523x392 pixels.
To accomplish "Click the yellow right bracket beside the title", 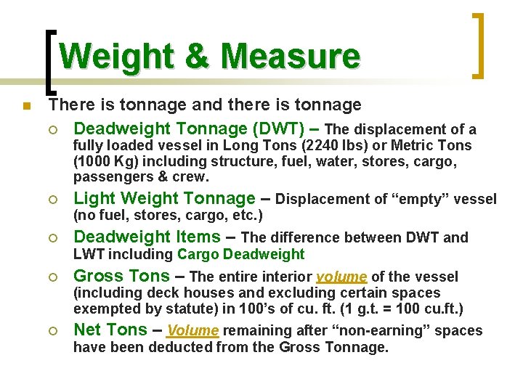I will point(479,45).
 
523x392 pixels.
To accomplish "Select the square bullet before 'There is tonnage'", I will point(26,107).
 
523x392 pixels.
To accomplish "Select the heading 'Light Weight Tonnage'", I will point(165,198).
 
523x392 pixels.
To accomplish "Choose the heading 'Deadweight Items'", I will point(147,237).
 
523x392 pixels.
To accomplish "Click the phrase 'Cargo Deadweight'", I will point(241,254).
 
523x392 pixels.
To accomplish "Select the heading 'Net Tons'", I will point(110,330).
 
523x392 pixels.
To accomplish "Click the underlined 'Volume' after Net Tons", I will point(193,330).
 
